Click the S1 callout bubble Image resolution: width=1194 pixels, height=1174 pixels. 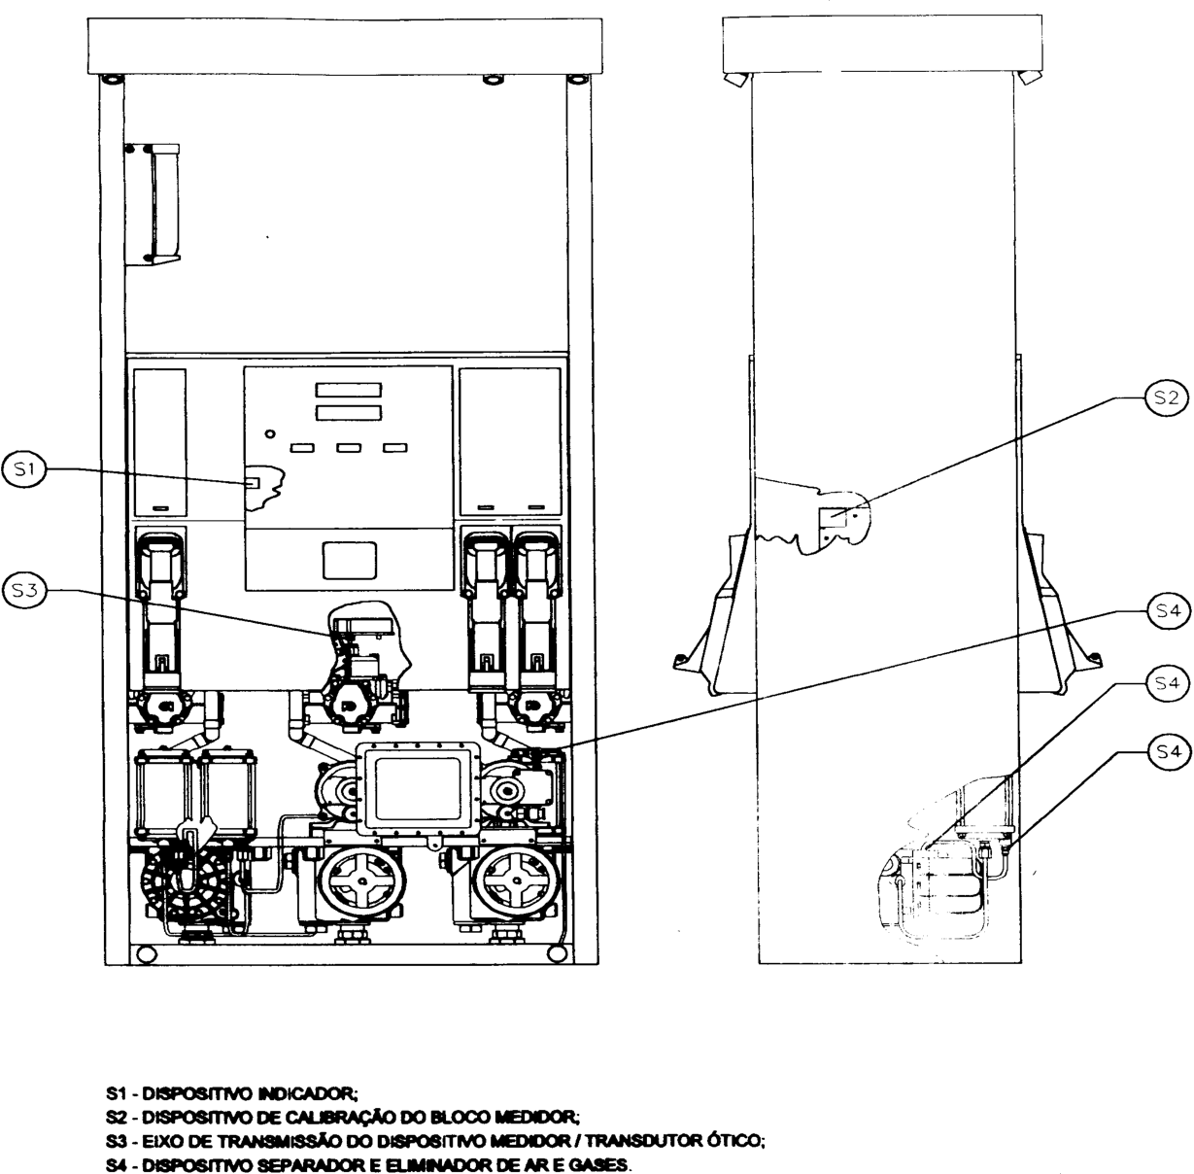(24, 470)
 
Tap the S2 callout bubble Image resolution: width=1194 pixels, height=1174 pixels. (1166, 397)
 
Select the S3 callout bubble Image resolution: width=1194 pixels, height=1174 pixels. (24, 591)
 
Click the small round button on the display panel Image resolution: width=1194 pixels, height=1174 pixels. (270, 433)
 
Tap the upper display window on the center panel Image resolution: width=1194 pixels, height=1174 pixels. (348, 390)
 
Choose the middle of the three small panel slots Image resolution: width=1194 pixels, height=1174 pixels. (350, 447)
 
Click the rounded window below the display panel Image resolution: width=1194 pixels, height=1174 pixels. (349, 561)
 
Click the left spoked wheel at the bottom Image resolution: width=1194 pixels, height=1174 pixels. (360, 880)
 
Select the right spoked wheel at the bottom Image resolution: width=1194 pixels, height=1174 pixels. (516, 880)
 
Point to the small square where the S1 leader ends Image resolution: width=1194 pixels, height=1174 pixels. (253, 482)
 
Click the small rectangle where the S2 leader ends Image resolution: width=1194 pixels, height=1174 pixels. (834, 517)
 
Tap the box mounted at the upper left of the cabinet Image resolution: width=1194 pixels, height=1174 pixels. (153, 204)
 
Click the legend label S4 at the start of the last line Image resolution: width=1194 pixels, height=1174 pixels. (116, 1165)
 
